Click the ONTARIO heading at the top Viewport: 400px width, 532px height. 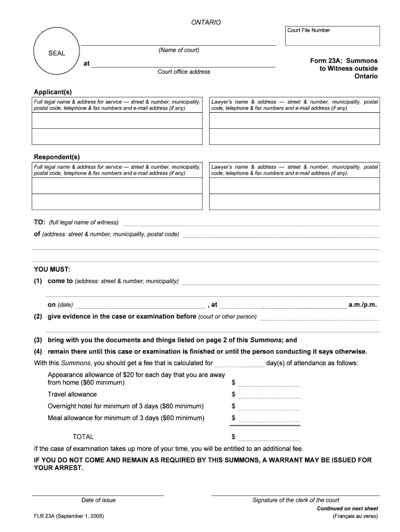[x=206, y=22]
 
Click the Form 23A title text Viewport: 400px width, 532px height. [x=344, y=69]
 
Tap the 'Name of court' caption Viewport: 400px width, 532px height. [x=179, y=50]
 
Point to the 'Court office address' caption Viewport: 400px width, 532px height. [x=184, y=72]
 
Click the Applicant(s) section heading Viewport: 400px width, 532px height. [x=53, y=92]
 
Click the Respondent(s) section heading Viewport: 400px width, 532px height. [x=57, y=157]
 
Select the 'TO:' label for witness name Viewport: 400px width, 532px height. [x=39, y=222]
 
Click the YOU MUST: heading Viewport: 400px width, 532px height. [x=52, y=269]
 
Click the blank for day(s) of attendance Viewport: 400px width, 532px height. [x=239, y=363]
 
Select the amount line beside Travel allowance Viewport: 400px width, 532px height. [x=269, y=394]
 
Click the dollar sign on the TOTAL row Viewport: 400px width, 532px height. [x=234, y=437]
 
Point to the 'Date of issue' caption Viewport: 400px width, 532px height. [x=98, y=500]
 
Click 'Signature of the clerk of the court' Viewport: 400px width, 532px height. [x=296, y=500]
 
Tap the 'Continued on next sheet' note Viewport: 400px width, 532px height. [x=348, y=509]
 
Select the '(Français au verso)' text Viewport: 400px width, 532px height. [x=355, y=516]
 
